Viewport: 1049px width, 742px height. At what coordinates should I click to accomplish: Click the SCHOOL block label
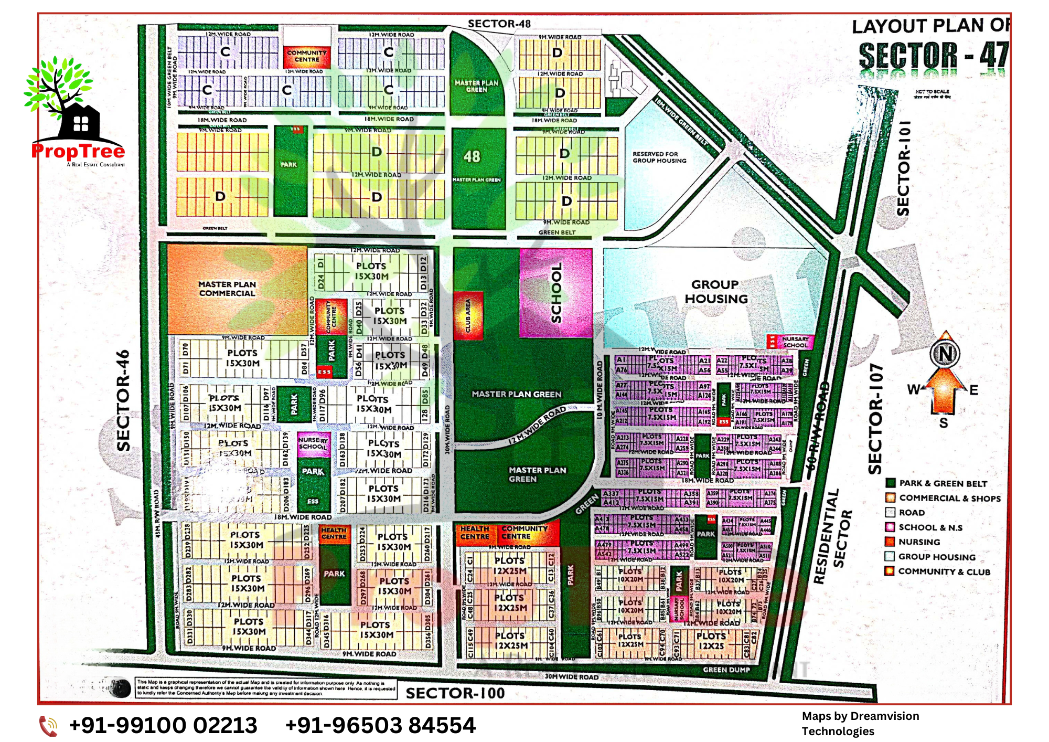(x=556, y=293)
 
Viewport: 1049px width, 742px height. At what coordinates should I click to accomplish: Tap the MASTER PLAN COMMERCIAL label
(x=227, y=289)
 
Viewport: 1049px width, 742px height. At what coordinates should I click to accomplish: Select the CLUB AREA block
(x=468, y=315)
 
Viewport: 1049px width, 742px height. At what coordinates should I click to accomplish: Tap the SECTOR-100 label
(x=455, y=693)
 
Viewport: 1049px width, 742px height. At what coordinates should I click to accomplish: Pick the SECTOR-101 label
(x=903, y=168)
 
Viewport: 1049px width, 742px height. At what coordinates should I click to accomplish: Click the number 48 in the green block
(x=472, y=156)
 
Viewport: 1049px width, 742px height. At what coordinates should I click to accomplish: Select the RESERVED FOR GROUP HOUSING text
(x=659, y=157)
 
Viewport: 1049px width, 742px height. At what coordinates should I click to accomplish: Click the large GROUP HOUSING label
(x=716, y=292)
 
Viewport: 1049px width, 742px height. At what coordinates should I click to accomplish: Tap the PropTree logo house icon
(x=80, y=123)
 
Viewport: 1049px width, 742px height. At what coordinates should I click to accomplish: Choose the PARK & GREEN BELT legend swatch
(x=890, y=483)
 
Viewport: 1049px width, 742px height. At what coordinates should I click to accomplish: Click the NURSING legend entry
(x=919, y=542)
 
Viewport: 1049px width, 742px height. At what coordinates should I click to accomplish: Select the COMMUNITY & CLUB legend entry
(x=944, y=571)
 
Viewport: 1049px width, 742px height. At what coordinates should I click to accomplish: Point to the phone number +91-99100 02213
(x=163, y=726)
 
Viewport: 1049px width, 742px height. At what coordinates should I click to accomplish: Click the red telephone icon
(x=49, y=726)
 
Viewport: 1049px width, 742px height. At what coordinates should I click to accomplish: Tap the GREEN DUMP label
(x=726, y=670)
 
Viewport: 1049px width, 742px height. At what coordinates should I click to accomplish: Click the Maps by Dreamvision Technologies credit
(x=860, y=724)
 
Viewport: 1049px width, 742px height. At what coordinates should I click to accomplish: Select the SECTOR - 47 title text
(x=933, y=56)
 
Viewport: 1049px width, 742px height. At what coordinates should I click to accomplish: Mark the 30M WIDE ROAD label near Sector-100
(x=571, y=677)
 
